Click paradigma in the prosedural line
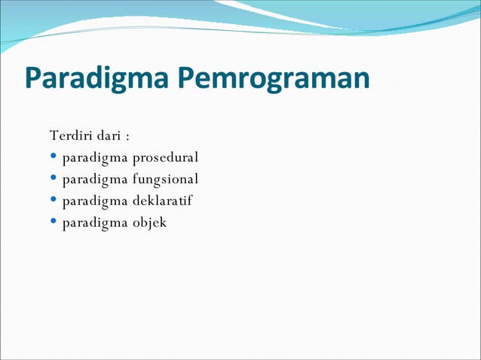click(95, 159)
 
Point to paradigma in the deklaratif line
click(95, 202)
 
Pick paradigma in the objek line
click(95, 224)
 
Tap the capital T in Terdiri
click(54, 136)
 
